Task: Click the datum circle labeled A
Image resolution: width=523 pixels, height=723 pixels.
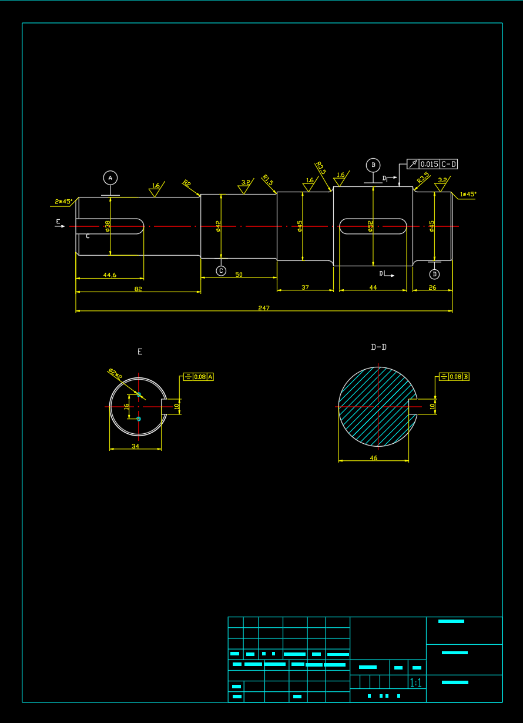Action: (110, 178)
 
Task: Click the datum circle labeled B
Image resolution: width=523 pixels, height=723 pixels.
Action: (373, 165)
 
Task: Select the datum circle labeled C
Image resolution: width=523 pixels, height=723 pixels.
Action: (221, 270)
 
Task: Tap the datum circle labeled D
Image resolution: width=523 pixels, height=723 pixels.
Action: (434, 274)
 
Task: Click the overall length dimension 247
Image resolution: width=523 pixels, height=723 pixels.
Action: (264, 307)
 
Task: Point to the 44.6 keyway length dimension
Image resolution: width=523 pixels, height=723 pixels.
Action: (109, 275)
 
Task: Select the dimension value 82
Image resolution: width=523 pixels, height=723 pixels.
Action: (138, 289)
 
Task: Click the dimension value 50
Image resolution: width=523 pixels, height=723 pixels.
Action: (239, 275)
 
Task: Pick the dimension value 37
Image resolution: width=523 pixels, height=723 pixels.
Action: (305, 287)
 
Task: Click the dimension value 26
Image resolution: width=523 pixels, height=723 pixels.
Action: (433, 287)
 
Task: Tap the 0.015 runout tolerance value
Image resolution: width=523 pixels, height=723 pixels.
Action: (429, 164)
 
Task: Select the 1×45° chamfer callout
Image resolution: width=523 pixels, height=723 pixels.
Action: (468, 194)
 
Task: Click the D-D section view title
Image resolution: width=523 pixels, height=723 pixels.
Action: (379, 347)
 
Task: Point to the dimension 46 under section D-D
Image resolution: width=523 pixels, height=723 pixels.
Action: (374, 457)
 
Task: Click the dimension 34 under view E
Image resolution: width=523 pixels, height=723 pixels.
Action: (135, 446)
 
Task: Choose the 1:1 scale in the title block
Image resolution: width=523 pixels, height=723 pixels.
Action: (415, 682)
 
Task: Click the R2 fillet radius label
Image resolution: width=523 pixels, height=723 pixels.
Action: (187, 183)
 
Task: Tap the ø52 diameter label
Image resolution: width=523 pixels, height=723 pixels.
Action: (370, 226)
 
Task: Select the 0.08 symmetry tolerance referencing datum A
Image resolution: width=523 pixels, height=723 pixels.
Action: (200, 377)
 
